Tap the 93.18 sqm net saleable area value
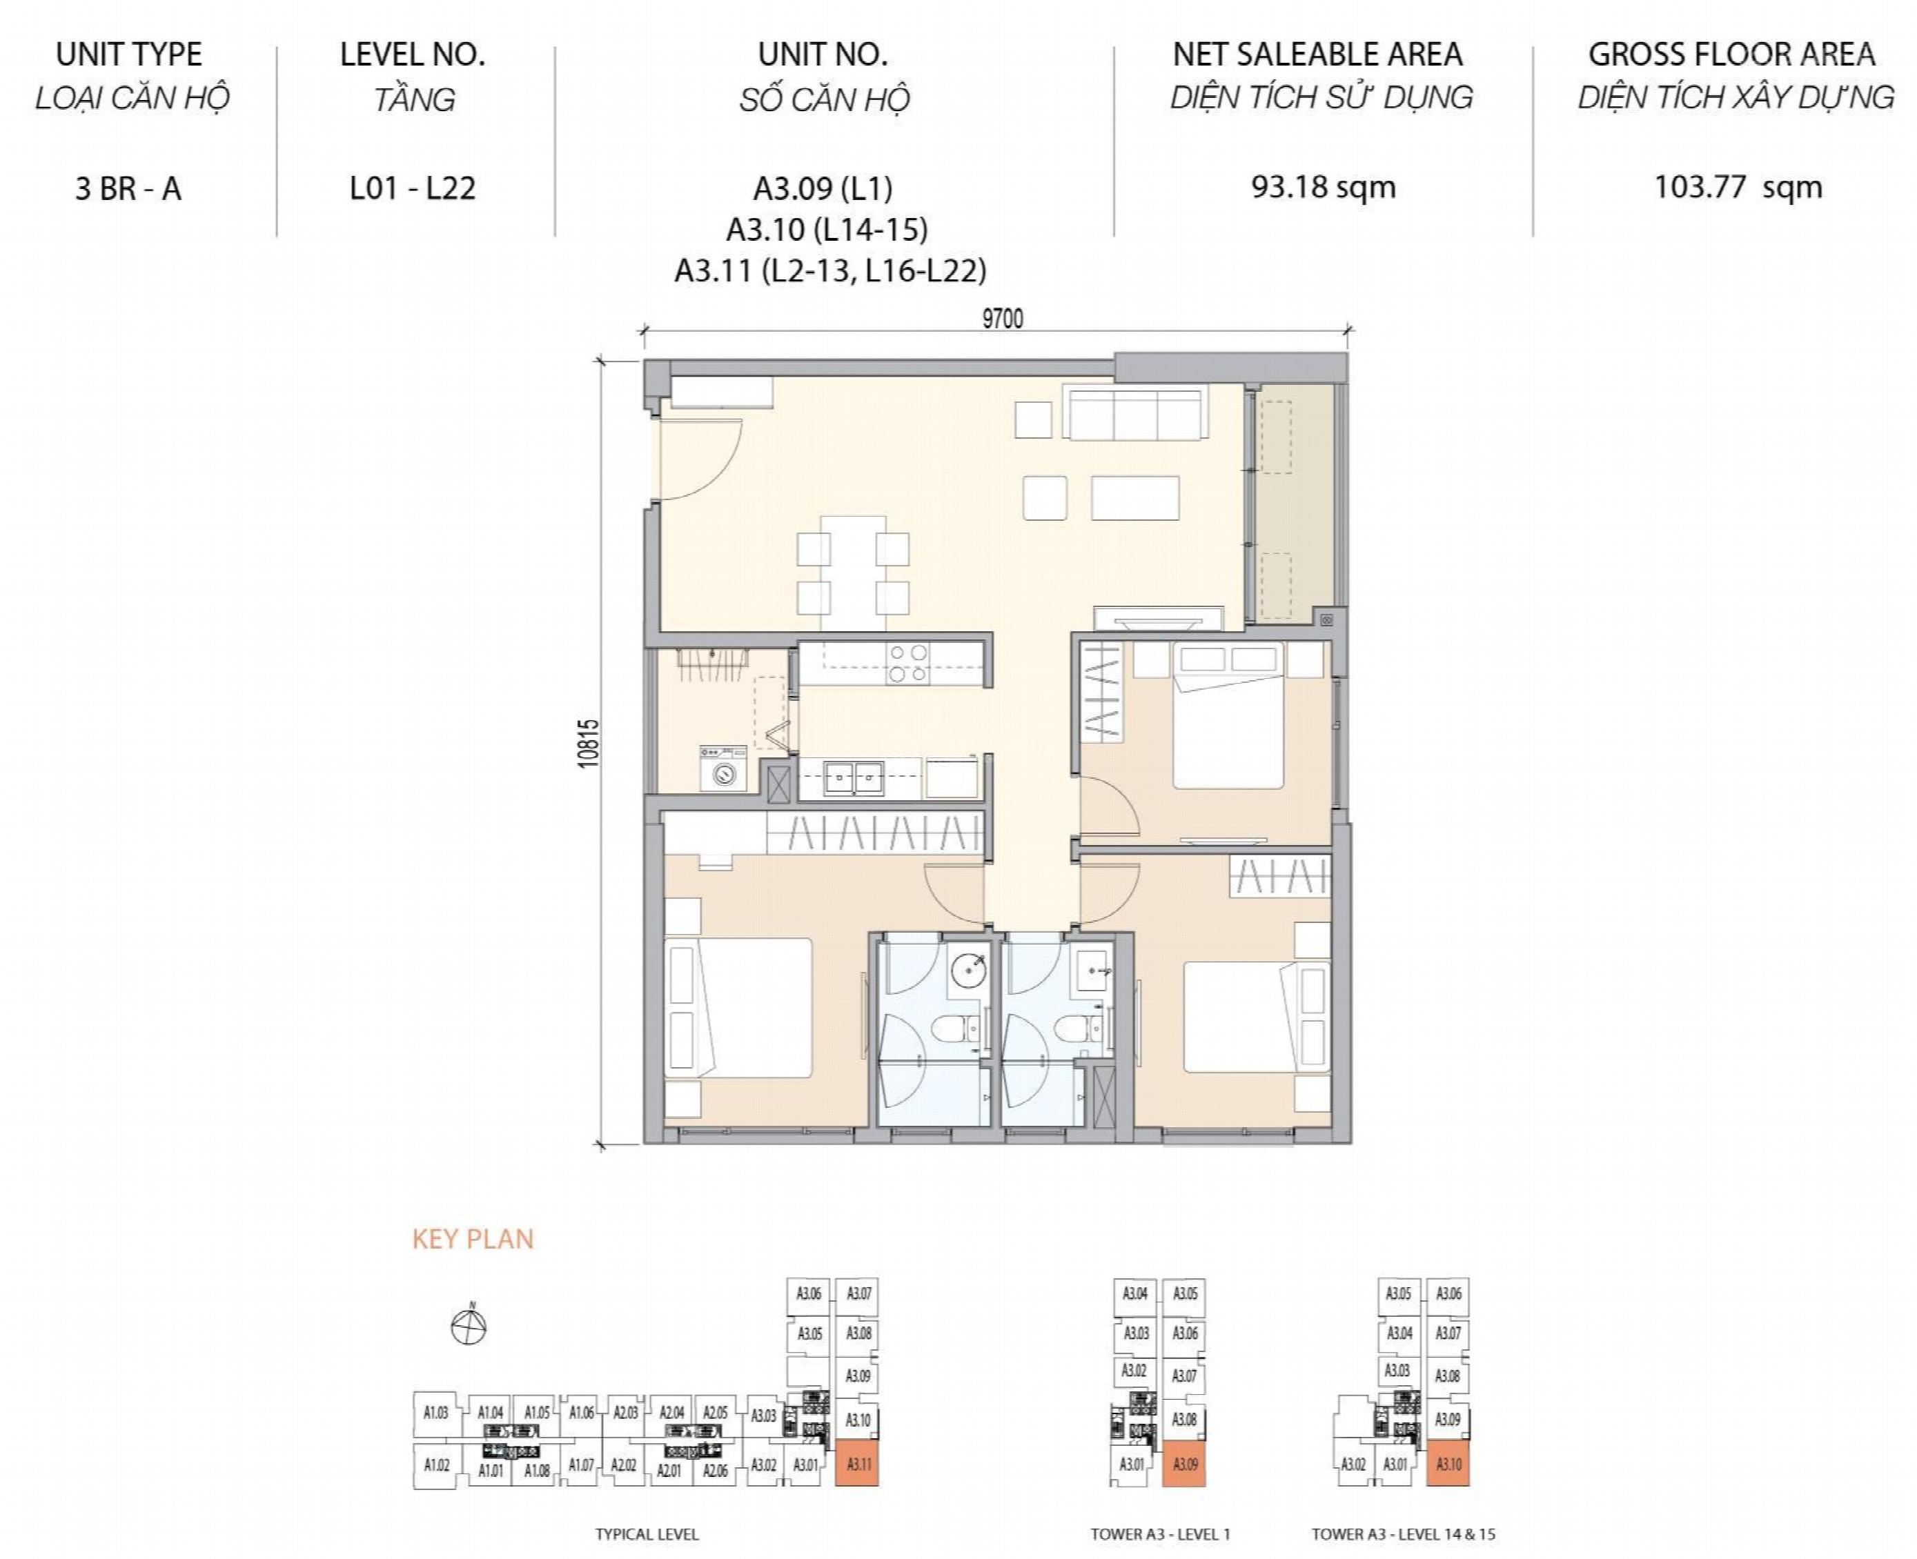coord(1324,188)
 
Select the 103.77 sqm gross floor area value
coord(1738,188)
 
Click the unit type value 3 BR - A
coord(128,188)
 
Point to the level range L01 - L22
coord(413,188)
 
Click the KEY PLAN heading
coord(473,1240)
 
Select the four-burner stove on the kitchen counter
coord(907,664)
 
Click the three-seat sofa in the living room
coord(1135,413)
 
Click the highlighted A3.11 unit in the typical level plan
coord(857,1464)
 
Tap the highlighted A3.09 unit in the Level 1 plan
coord(1184,1464)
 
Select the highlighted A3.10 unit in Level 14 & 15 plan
coord(1448,1464)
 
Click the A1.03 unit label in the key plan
coord(435,1413)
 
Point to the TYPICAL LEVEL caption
coord(647,1535)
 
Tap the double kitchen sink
coord(854,777)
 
